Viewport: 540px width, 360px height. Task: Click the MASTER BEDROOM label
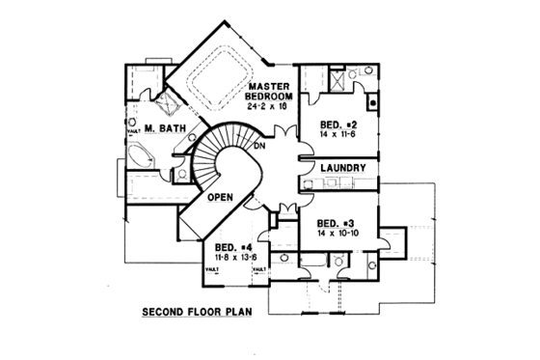click(x=267, y=92)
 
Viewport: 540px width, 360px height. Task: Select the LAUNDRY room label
click(x=343, y=169)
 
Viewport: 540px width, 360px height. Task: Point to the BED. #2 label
click(x=339, y=126)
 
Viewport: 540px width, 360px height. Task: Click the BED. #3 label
click(x=334, y=220)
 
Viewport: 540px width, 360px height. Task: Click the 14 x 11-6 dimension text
click(x=339, y=137)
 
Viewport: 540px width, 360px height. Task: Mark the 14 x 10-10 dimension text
click(x=337, y=232)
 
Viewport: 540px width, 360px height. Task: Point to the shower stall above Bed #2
click(x=338, y=78)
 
